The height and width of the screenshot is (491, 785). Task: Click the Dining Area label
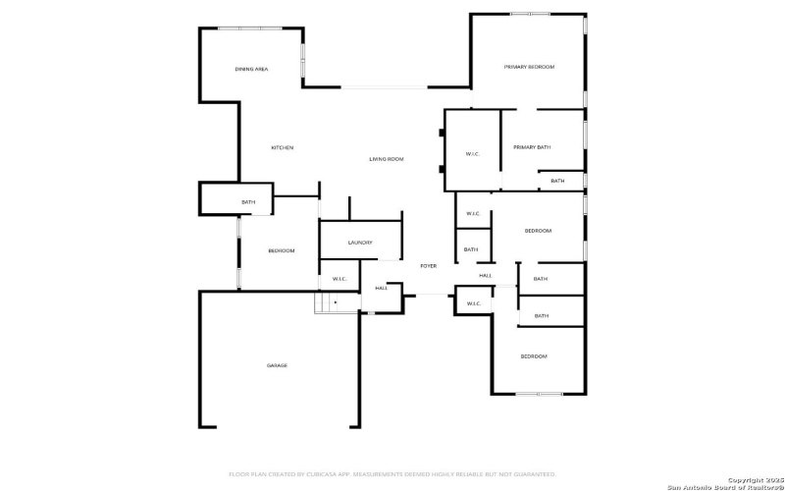click(x=251, y=69)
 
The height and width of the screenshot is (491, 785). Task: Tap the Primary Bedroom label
click(x=529, y=67)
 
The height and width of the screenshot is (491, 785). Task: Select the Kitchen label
click(x=282, y=147)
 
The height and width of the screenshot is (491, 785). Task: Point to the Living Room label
click(x=386, y=159)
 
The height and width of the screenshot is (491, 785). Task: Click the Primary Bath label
click(x=532, y=147)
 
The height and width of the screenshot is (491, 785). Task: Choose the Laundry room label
click(x=360, y=243)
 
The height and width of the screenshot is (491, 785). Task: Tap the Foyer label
click(x=428, y=266)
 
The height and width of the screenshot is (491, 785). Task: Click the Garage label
click(x=277, y=365)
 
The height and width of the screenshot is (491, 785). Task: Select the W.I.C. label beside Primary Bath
click(x=471, y=153)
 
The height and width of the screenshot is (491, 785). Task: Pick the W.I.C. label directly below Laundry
click(x=340, y=279)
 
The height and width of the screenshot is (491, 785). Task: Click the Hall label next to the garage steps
click(x=381, y=288)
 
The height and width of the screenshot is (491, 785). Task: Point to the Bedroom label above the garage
click(x=281, y=250)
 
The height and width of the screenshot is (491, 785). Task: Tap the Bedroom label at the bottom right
click(x=533, y=355)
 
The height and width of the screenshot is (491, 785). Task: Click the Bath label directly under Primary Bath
click(x=557, y=181)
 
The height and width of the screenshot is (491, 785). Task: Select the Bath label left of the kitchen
click(x=248, y=202)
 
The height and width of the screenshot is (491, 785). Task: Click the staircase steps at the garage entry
click(x=325, y=302)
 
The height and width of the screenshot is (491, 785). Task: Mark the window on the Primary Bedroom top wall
click(x=530, y=14)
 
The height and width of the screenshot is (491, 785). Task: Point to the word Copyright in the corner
click(x=745, y=479)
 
